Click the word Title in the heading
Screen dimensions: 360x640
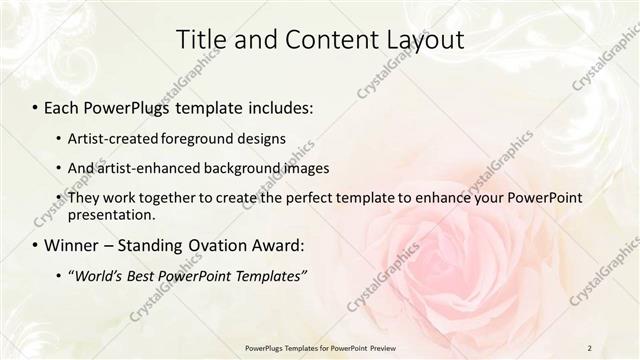[x=199, y=41]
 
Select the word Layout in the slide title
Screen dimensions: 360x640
[x=424, y=41]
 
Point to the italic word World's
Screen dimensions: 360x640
[x=96, y=276]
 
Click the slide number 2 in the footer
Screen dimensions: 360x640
[x=590, y=347]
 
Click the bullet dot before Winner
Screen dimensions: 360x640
[x=36, y=246]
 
